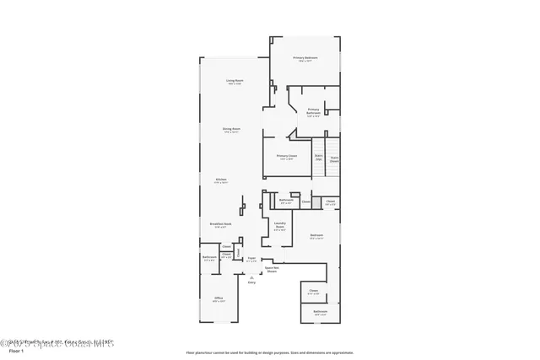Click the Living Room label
coord(234,82)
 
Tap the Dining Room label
coord(231,130)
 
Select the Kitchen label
coord(221,180)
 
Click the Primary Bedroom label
coord(305,58)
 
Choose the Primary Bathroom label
coord(313,110)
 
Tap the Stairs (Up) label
coord(319,157)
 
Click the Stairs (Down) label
coord(334,158)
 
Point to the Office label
coord(219,298)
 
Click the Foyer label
coord(251,259)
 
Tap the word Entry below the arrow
coord(251,282)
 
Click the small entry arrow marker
coord(251,276)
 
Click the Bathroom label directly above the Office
coord(210,258)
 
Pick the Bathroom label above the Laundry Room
coord(286,201)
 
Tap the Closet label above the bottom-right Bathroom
coord(313,292)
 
